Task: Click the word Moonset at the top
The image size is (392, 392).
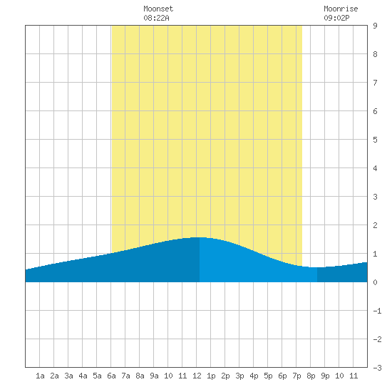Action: pos(158,9)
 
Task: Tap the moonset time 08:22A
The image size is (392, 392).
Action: pos(157,18)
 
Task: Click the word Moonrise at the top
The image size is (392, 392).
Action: pos(341,9)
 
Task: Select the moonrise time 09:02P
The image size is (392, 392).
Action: pos(336,18)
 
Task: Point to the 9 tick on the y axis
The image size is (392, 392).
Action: pos(375,26)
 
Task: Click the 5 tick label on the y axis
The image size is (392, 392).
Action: pos(375,140)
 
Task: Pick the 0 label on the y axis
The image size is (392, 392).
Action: pos(375,282)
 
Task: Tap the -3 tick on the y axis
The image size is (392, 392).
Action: pos(377,368)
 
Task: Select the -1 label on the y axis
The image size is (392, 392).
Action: pos(377,311)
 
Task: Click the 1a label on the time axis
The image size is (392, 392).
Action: pos(40,376)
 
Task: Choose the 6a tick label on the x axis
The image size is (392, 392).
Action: pos(111,376)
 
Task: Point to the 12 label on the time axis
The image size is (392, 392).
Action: pos(197,376)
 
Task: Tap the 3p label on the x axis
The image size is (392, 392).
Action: pos(239,376)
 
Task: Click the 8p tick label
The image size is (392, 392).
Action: pos(311,376)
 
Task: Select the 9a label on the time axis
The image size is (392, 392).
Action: pos(154,376)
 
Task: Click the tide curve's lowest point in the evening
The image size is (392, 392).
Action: pos(316,267)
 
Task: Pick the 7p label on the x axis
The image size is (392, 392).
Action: pos(296,376)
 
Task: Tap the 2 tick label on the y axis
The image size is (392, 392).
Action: pos(375,225)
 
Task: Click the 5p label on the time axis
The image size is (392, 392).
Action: pos(268,376)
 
